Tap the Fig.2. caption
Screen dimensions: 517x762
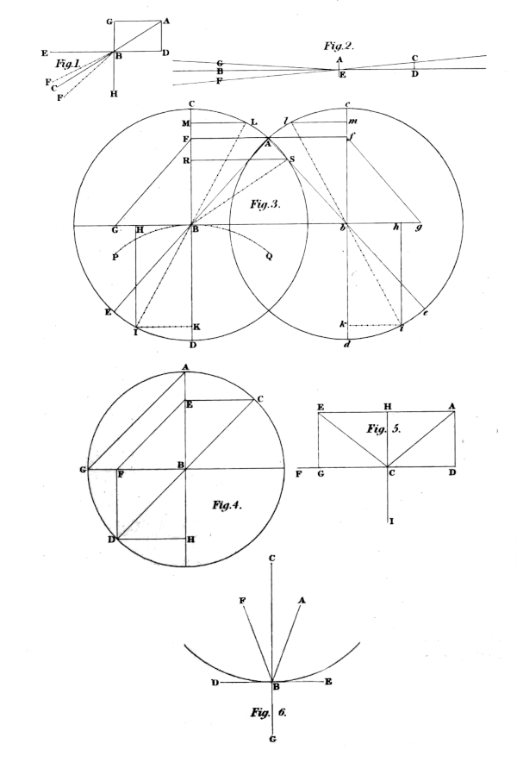(x=339, y=47)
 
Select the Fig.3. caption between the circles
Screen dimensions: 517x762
(x=265, y=204)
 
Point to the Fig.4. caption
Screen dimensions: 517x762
(x=227, y=505)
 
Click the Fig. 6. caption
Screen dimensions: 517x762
(x=269, y=713)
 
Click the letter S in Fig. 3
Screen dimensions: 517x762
(x=291, y=159)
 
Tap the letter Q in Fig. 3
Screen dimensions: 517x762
(x=269, y=257)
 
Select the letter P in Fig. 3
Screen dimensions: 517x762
(x=115, y=257)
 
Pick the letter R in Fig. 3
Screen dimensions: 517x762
(x=185, y=160)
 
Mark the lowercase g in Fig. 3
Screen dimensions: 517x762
(x=417, y=228)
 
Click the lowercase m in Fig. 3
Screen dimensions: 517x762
(x=353, y=121)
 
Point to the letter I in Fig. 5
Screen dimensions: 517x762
(x=392, y=522)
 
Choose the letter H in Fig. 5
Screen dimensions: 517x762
(x=387, y=406)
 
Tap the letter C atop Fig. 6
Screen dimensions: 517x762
(x=271, y=559)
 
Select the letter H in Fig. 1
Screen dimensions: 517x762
(x=114, y=94)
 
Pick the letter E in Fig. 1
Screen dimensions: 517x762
(x=45, y=53)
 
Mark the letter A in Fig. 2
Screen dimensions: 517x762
(x=339, y=59)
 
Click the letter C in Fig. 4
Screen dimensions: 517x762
(x=260, y=399)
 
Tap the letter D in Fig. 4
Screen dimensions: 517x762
(x=111, y=540)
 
